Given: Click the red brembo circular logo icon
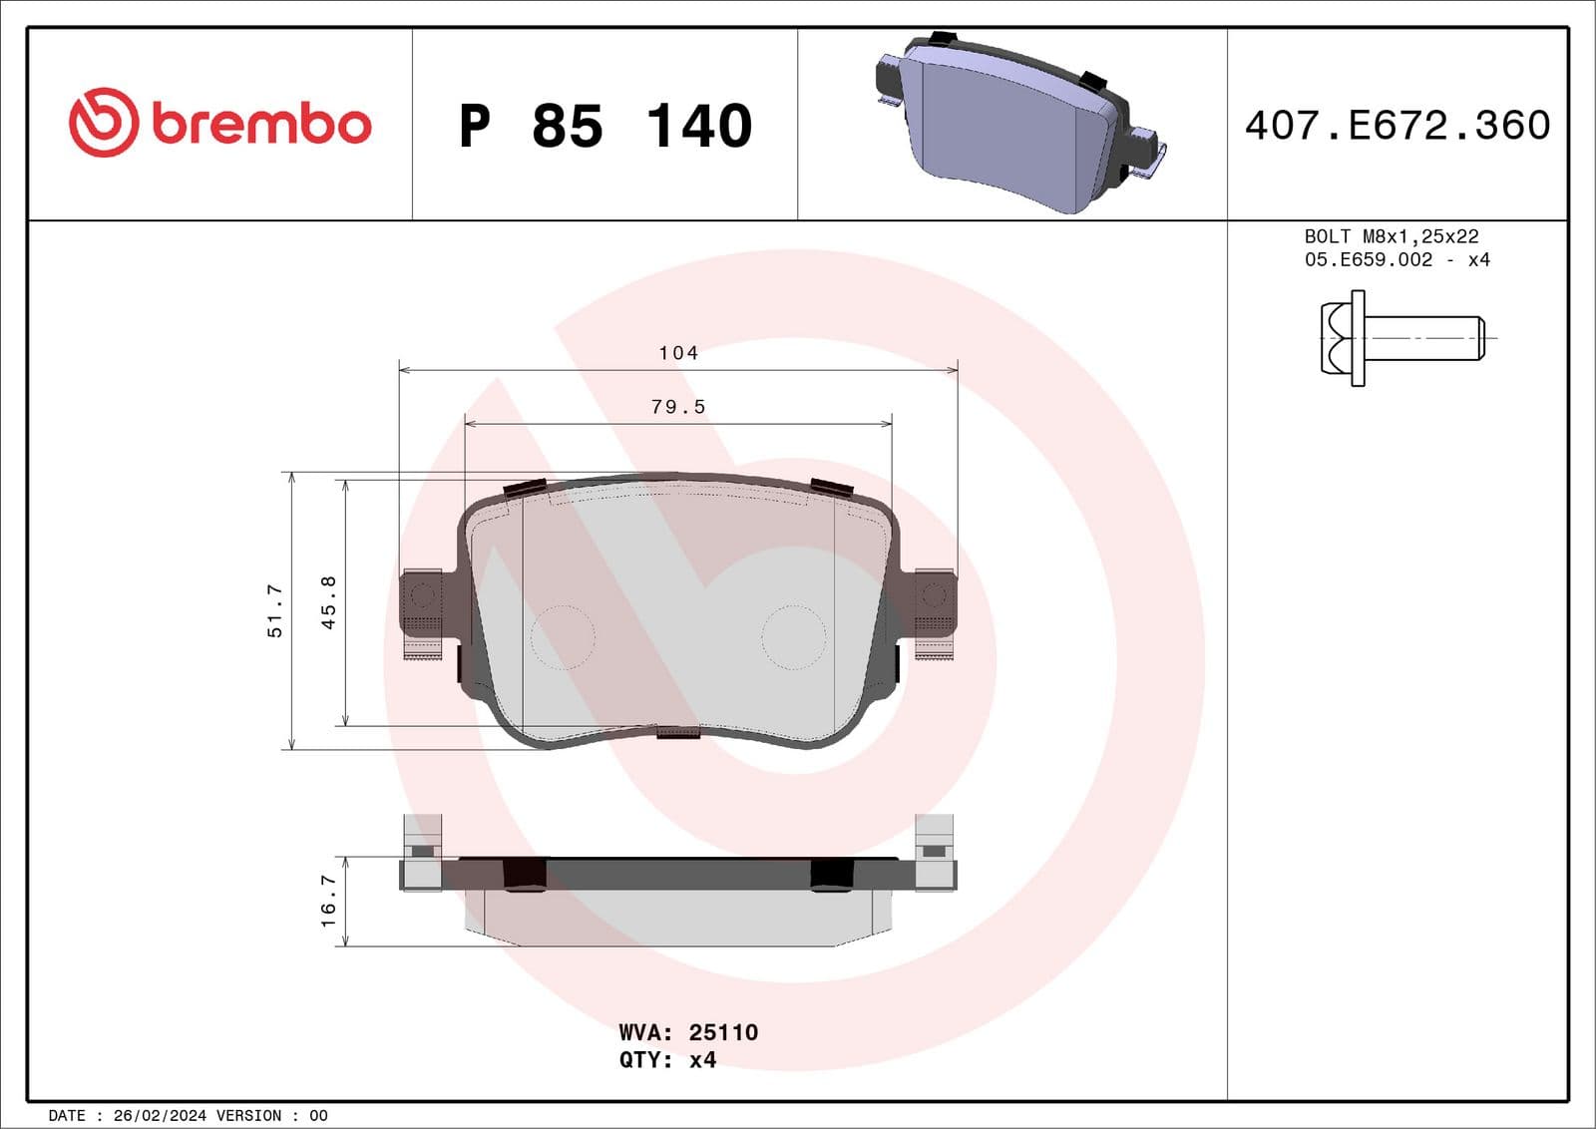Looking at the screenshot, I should pos(103,123).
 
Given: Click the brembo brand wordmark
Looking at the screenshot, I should pos(261,125).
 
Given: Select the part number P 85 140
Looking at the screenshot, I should pos(604,127).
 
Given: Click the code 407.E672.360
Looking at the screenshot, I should pos(1396,126).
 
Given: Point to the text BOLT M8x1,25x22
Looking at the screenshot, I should pos(1391,236).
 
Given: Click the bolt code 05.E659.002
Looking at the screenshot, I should pos(1368,259).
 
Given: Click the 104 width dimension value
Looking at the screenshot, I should pos(678,353).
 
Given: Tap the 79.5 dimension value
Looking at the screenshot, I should pos(678,407).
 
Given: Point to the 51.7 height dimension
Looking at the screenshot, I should pos(275,610).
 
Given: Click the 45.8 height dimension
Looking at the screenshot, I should pos(328,601).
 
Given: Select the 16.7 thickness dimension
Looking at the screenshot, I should pos(328,901).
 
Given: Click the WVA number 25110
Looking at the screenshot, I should pos(723,1032).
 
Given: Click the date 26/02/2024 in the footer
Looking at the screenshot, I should pos(160,1115).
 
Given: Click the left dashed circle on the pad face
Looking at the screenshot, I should pos(563,636).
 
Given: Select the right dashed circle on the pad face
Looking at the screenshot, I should pos(794,636).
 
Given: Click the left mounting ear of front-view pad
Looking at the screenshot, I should pos(422,603).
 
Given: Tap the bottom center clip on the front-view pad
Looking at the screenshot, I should pos(678,733).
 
